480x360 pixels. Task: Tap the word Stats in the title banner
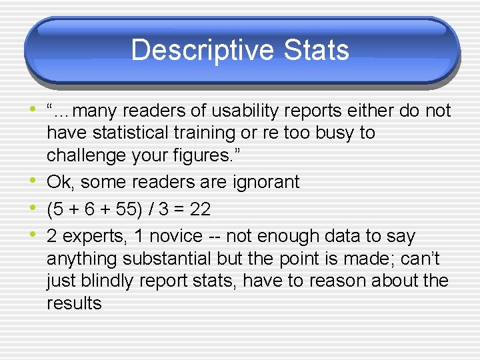[x=316, y=50]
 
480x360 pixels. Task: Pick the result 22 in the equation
[x=200, y=209]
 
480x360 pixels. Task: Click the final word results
[x=74, y=303]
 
